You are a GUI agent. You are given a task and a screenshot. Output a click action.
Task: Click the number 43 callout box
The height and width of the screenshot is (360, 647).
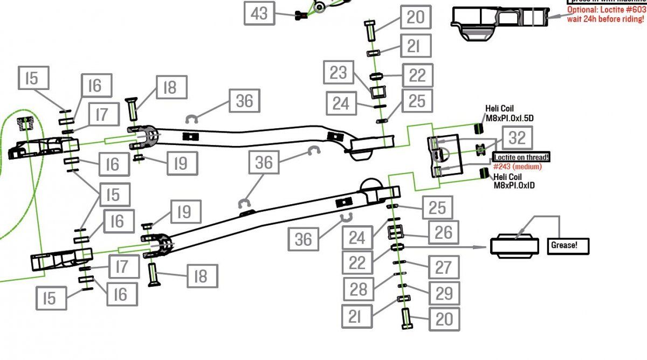259,13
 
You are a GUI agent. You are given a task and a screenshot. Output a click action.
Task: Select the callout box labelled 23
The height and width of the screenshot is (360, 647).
338,72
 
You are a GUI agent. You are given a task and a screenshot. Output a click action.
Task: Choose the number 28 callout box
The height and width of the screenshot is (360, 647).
359,289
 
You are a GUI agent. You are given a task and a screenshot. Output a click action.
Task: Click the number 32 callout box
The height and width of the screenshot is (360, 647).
517,138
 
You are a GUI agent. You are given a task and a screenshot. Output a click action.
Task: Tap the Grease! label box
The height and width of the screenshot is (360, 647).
568,245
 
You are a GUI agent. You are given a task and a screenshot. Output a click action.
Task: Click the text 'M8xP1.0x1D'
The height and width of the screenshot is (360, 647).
515,185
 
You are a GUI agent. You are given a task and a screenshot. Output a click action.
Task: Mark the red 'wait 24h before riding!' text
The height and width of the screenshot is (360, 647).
605,19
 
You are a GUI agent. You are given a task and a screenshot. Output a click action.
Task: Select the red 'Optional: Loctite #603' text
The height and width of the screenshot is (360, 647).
605,10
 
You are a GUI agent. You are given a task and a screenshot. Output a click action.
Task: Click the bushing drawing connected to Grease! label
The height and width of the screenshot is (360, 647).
514,245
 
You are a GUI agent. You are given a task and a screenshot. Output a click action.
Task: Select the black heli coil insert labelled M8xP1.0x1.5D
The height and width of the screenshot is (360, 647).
477,128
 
